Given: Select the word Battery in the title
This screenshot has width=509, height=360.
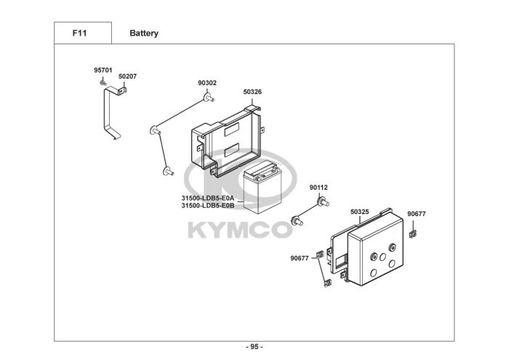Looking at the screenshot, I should [x=144, y=33].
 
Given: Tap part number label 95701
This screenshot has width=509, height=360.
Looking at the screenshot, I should [x=103, y=70].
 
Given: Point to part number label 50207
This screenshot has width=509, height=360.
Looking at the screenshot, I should [x=127, y=76].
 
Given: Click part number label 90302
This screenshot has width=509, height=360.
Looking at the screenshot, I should [x=207, y=84].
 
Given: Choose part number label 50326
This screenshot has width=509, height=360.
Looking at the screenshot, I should [x=252, y=92].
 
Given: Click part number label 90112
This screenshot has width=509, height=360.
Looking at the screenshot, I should [x=318, y=187].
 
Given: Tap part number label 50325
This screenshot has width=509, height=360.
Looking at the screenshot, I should [x=359, y=212].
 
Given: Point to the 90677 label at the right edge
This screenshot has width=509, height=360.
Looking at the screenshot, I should [x=417, y=213].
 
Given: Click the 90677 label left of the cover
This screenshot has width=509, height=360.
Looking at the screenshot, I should [x=300, y=258].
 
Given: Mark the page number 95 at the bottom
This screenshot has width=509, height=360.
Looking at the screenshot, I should [x=254, y=346].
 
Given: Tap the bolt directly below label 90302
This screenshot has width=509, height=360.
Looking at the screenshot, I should [x=209, y=97].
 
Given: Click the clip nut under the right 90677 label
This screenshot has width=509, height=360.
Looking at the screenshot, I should [x=413, y=234].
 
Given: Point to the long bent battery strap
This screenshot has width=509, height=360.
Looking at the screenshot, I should [x=109, y=116].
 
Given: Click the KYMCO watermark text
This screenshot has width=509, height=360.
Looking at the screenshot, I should [x=240, y=230].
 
